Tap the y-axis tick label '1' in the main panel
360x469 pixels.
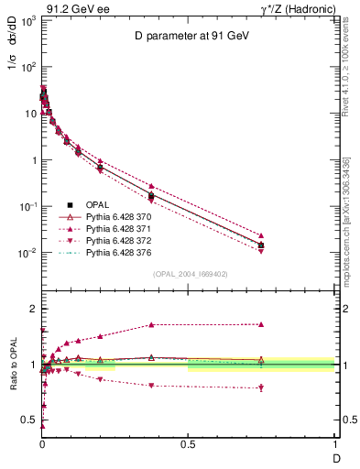[32, 160]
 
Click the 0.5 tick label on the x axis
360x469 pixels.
[188, 443]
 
